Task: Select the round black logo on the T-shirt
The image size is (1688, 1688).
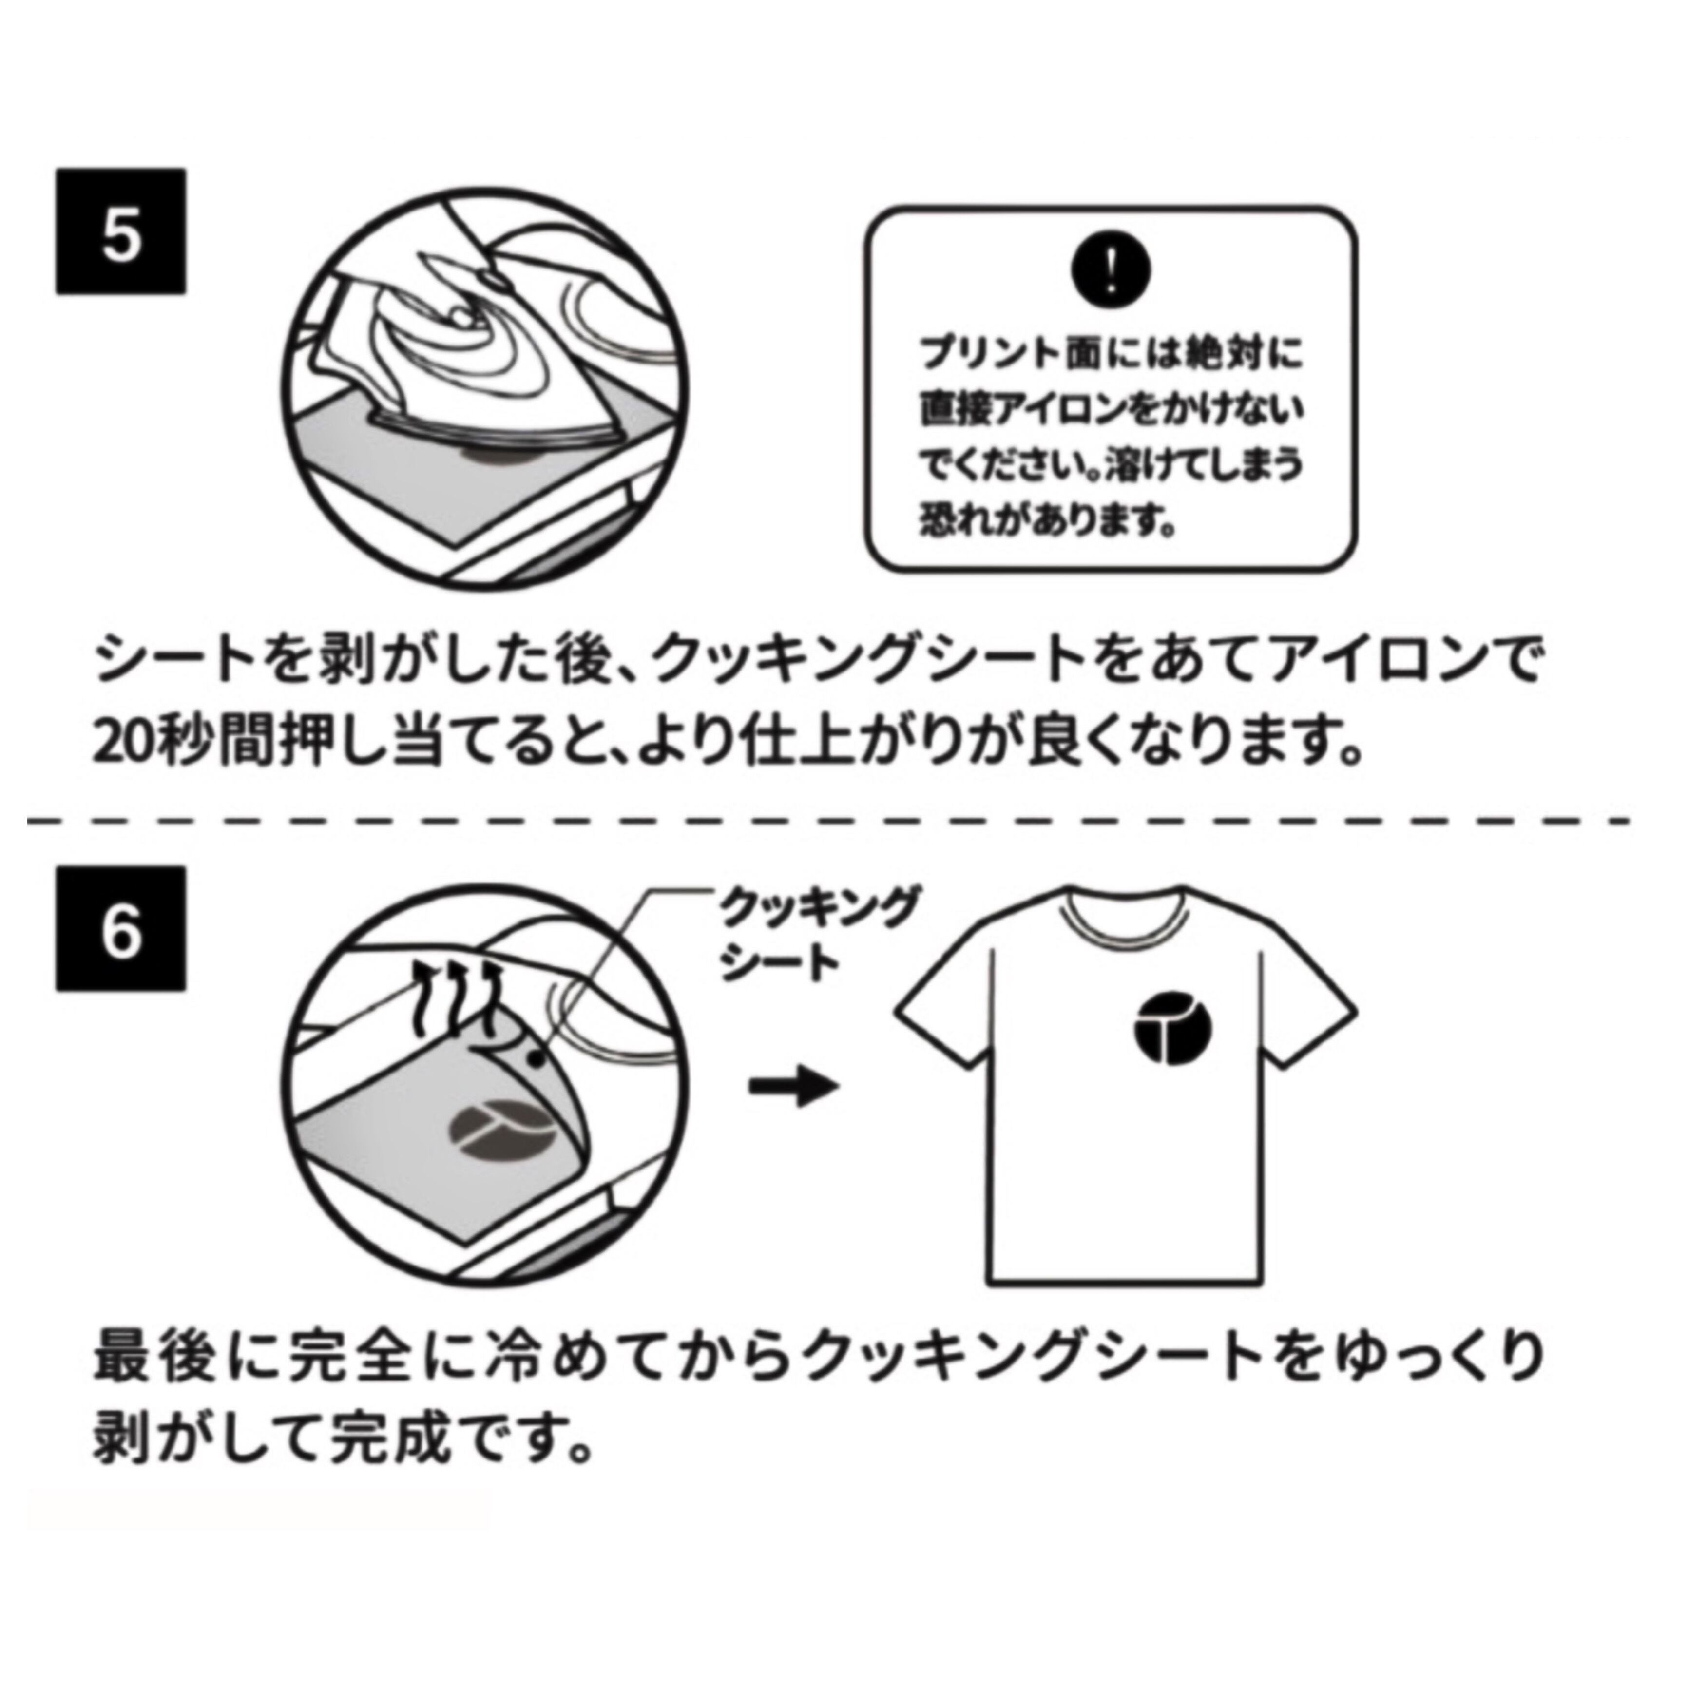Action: pyautogui.click(x=1173, y=1028)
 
